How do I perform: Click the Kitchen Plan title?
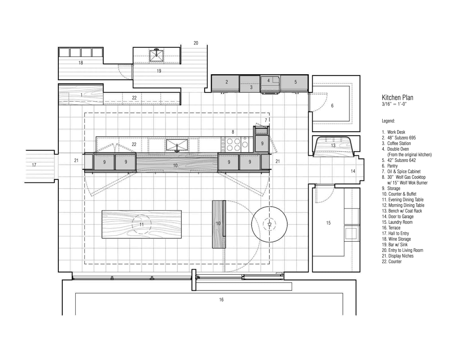[x=397, y=98]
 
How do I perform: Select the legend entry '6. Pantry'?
[x=390, y=166]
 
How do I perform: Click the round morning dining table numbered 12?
[x=269, y=224]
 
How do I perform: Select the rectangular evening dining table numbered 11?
[x=141, y=225]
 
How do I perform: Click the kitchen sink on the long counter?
[x=177, y=145]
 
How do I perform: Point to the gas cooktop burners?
[x=234, y=144]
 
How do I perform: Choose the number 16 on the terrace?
[x=221, y=300]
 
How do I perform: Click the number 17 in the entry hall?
[x=34, y=165]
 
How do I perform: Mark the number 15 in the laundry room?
[x=328, y=223]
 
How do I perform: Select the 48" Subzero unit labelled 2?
[x=226, y=82]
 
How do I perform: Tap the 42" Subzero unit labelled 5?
[x=295, y=82]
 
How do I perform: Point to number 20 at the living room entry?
[x=196, y=43]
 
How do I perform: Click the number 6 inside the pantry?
[x=332, y=106]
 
